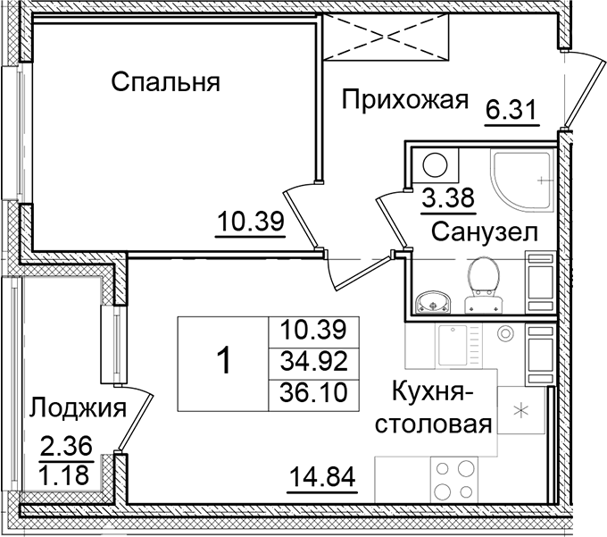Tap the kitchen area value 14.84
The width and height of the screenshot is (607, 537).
click(322, 474)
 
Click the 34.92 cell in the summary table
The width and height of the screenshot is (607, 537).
click(312, 362)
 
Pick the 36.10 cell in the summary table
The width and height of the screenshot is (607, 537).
click(312, 392)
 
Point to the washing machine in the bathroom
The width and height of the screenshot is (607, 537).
click(437, 166)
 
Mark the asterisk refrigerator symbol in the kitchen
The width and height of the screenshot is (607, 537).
click(523, 412)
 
